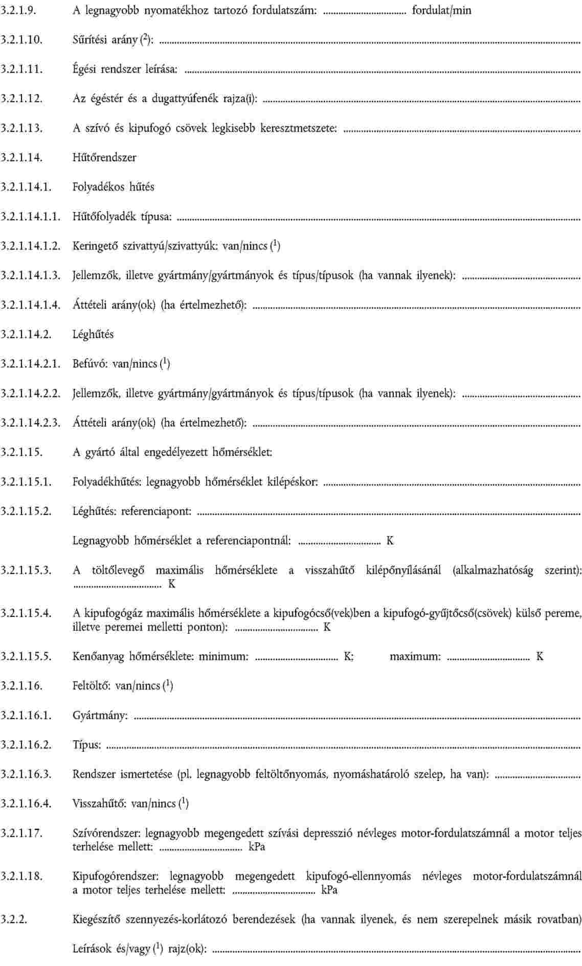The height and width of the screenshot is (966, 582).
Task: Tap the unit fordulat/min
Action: pyautogui.click(x=441, y=10)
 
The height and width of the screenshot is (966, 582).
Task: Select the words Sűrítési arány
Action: pyautogui.click(x=102, y=39)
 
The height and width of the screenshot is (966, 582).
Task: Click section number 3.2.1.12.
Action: pyautogui.click(x=21, y=98)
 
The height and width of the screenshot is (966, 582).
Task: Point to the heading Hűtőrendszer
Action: pyautogui.click(x=104, y=157)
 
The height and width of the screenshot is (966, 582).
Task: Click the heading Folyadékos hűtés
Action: pyautogui.click(x=113, y=187)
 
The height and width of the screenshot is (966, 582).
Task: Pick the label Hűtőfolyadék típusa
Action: pyautogui.click(x=122, y=217)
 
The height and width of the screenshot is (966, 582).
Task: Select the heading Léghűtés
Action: pyautogui.click(x=93, y=334)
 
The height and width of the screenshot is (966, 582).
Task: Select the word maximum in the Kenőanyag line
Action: pyautogui.click(x=415, y=656)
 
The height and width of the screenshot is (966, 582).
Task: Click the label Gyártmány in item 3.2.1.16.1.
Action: pyautogui.click(x=100, y=715)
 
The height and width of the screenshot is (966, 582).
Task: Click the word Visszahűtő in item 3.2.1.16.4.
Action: pyautogui.click(x=99, y=803)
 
